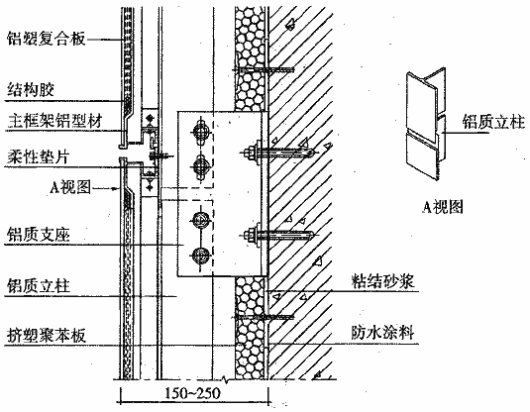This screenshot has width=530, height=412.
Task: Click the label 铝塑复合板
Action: tap(46, 39)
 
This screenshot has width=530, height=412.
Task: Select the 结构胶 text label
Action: tap(31, 90)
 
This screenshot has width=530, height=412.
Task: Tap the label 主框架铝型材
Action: tap(54, 121)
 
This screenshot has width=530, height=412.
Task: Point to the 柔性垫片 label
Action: tap(39, 157)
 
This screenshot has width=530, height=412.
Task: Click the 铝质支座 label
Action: tap(39, 235)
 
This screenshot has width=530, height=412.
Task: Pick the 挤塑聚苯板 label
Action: tap(47, 336)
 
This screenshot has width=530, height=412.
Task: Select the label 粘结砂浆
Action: tap(382, 281)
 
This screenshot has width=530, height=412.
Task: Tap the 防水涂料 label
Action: tap(382, 332)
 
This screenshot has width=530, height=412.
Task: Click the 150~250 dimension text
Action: tap(192, 393)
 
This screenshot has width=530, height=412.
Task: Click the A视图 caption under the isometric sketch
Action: tap(443, 207)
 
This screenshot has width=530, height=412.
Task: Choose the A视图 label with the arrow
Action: tap(70, 187)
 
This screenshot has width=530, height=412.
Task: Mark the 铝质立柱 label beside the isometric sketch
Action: tap(493, 122)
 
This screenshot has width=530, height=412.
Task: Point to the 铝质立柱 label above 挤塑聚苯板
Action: tap(39, 285)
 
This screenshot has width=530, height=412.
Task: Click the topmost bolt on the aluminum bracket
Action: tap(200, 130)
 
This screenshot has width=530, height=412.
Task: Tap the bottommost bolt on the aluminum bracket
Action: tap(200, 256)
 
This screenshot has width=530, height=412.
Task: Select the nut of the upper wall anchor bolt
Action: tap(252, 153)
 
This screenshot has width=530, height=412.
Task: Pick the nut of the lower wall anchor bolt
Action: tap(252, 235)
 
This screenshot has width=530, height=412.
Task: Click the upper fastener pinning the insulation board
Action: tap(264, 69)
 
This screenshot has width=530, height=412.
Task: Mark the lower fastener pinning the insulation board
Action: tap(264, 317)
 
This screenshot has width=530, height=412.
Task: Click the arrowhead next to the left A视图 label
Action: tap(115, 188)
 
